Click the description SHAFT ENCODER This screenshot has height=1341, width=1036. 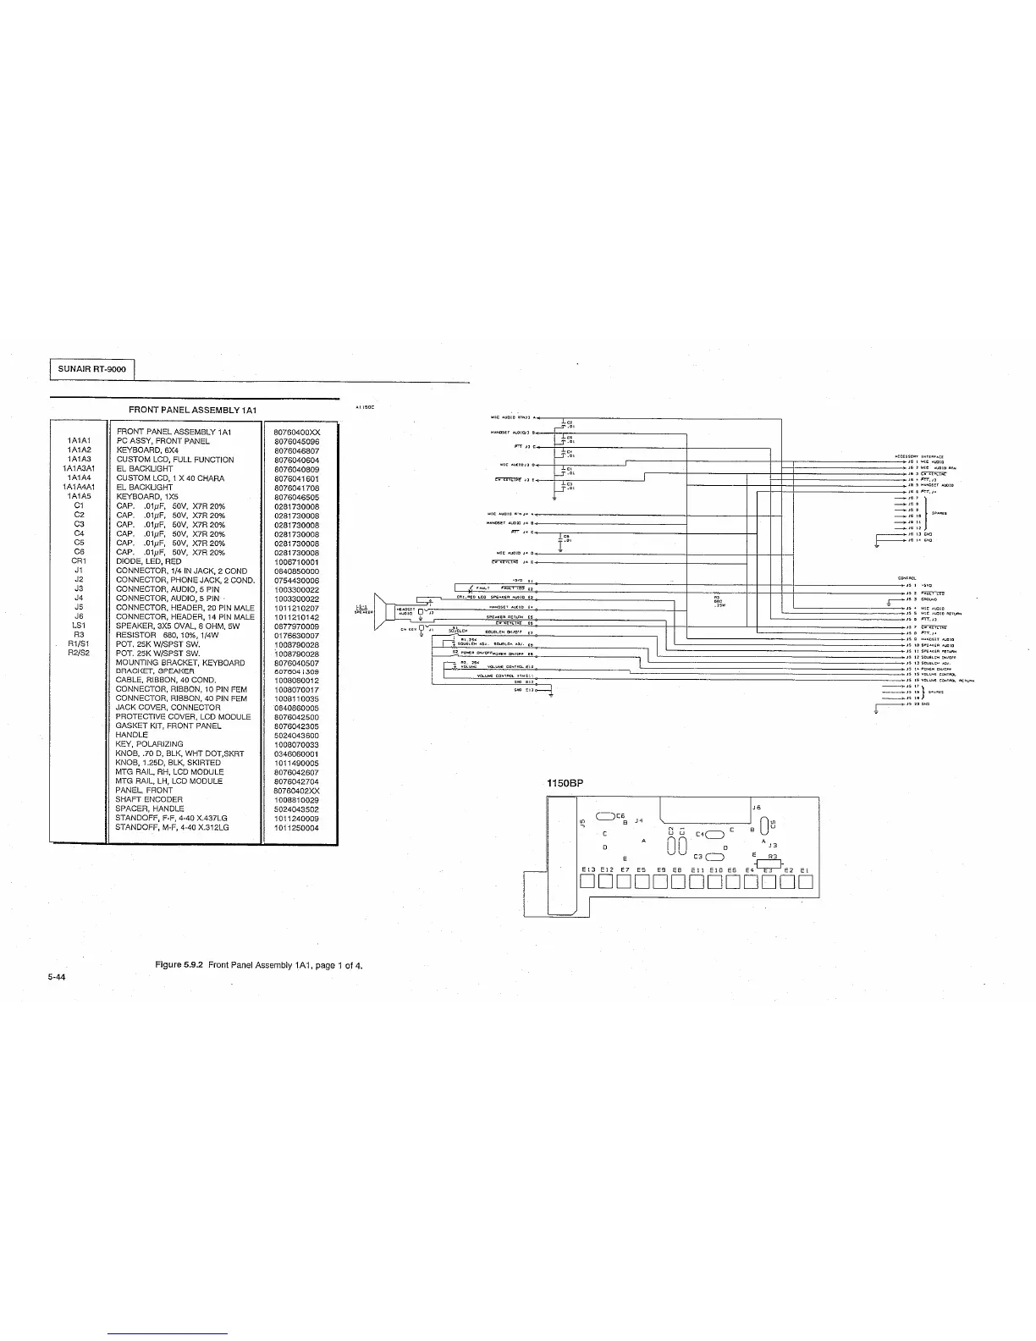click(149, 799)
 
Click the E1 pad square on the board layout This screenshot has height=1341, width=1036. click(805, 882)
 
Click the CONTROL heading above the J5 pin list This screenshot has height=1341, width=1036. click(907, 579)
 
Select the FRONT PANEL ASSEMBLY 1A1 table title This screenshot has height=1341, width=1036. click(192, 410)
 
